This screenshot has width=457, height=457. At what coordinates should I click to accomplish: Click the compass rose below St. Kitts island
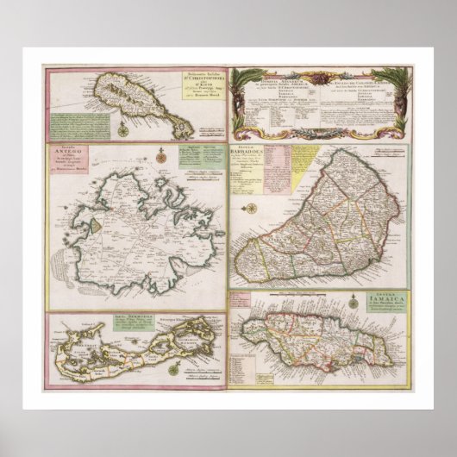pos(122,130)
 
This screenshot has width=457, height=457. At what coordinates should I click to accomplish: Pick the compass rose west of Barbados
pos(250,208)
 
